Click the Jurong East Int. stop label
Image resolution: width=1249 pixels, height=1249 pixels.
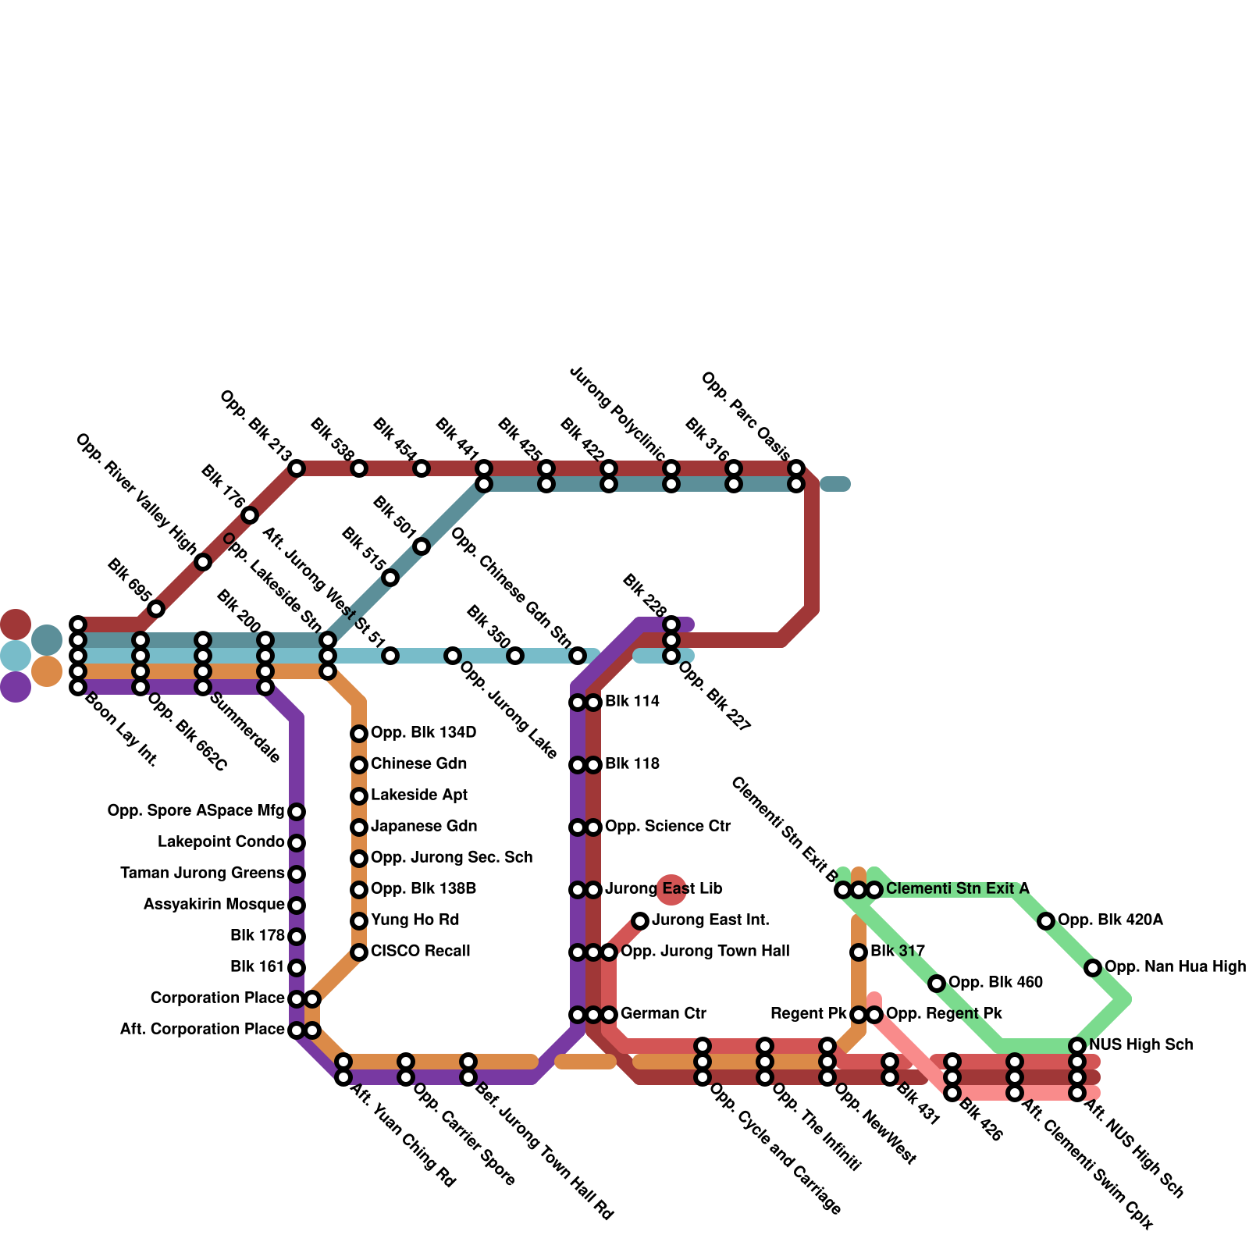tap(710, 920)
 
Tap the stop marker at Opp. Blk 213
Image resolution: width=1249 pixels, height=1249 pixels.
tap(297, 468)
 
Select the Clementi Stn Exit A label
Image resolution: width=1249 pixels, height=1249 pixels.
tap(957, 889)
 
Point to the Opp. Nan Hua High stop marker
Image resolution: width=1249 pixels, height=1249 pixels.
tap(1093, 968)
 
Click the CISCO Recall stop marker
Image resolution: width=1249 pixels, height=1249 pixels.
tap(359, 952)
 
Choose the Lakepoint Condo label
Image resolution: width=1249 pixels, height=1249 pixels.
tap(221, 842)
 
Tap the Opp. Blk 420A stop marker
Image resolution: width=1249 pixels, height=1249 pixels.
tap(1046, 921)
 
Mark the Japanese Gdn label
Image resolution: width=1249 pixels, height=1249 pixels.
tap(424, 827)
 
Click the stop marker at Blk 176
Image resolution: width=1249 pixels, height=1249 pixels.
tap(250, 515)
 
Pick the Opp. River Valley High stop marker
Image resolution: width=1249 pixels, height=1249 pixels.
tap(203, 562)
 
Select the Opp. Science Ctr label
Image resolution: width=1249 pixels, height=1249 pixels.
tap(667, 827)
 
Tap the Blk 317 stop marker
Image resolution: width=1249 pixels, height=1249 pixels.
tap(859, 952)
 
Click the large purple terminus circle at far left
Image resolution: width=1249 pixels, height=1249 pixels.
tap(16, 687)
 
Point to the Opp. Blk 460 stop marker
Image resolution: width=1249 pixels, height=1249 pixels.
tap(937, 984)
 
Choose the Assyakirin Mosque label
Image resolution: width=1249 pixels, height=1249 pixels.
tap(214, 905)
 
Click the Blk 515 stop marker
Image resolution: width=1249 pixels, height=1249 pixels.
tap(390, 578)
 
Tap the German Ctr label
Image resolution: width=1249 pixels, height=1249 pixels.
tap(664, 1014)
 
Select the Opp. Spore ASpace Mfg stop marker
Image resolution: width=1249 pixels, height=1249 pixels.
tap(297, 812)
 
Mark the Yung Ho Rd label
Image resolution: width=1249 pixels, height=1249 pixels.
tap(415, 920)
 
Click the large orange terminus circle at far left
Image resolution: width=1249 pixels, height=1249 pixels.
tap(47, 671)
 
